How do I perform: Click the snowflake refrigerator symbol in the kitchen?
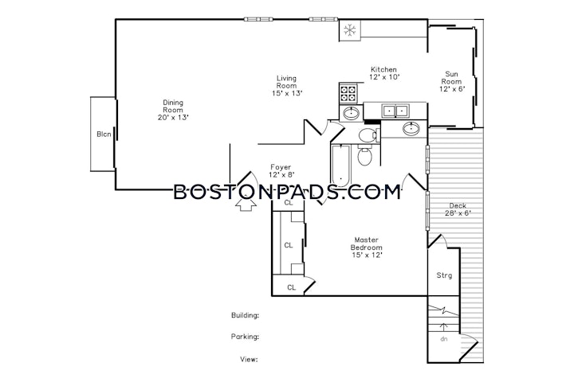(x=350, y=30)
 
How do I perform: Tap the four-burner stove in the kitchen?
(x=348, y=93)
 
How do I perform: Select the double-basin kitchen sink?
(x=395, y=111)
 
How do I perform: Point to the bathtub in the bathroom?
(x=341, y=166)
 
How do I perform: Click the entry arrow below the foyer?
(x=246, y=204)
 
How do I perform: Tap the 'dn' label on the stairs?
(x=444, y=339)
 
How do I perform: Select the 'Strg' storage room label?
(x=444, y=275)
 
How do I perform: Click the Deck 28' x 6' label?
(x=458, y=209)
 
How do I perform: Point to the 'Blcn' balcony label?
(x=104, y=134)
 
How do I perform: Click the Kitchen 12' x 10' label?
(x=384, y=73)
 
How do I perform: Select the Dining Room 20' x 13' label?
(x=173, y=110)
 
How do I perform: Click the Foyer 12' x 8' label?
(x=281, y=171)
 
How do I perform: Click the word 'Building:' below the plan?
(x=246, y=315)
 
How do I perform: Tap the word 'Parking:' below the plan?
(x=245, y=337)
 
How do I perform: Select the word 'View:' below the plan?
(x=249, y=360)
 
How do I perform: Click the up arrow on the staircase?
(x=444, y=326)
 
